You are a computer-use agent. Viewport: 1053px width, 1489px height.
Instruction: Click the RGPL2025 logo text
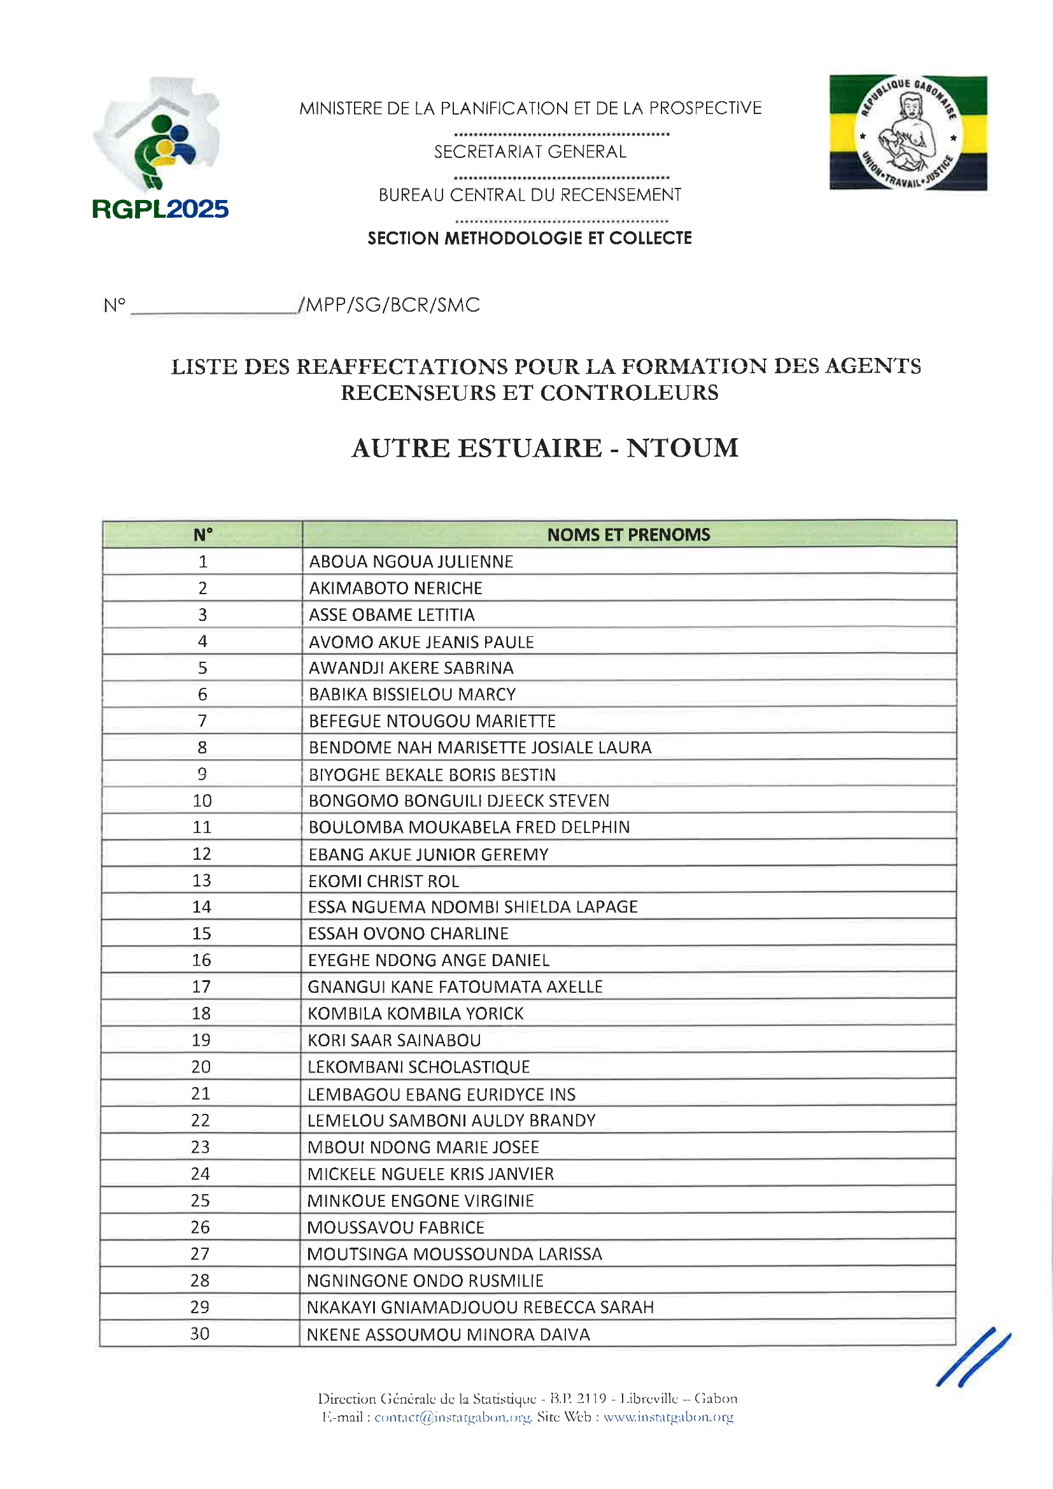[160, 209]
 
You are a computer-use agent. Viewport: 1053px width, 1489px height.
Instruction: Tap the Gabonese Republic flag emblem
[908, 133]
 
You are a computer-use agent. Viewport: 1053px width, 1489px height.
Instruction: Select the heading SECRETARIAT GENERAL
[530, 152]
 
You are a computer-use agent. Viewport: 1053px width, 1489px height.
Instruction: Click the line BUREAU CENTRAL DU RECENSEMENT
[530, 196]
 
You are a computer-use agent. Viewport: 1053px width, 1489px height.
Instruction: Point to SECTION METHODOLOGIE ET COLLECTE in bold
[530, 239]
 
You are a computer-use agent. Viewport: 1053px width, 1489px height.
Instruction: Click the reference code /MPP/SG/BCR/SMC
[389, 305]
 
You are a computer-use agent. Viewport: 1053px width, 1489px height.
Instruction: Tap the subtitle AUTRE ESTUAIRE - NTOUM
[545, 448]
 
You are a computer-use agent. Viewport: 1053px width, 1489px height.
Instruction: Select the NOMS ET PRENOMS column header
[628, 534]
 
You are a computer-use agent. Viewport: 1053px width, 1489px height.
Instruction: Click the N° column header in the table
[202, 534]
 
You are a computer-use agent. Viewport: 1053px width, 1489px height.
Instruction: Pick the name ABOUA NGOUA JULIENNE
[411, 562]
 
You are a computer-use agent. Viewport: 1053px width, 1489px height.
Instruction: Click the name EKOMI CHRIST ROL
[384, 881]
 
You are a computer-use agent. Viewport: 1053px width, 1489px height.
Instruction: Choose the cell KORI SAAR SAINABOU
[394, 1040]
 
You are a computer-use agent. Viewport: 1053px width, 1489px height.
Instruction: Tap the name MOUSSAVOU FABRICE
[395, 1227]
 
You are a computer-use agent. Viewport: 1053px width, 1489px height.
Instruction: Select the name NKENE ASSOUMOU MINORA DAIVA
[448, 1335]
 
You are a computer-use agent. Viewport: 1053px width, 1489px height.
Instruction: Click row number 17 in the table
[201, 987]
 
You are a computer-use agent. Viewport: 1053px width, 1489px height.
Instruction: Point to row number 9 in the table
[202, 774]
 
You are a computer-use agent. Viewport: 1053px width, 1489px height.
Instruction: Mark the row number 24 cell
[201, 1173]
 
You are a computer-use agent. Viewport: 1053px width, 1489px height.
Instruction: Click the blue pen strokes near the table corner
[973, 1357]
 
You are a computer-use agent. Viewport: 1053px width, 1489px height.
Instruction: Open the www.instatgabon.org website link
[668, 1417]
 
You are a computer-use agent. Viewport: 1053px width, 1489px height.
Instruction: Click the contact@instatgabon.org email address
[453, 1417]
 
